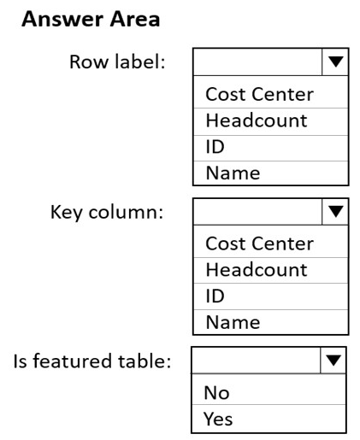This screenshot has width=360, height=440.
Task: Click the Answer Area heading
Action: pos(91,20)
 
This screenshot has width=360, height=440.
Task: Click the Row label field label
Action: pos(117,62)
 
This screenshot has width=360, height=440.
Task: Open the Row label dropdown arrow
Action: pos(335,62)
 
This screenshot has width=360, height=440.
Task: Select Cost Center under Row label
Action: pos(259,94)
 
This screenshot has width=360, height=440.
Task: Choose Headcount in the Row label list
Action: pos(257,120)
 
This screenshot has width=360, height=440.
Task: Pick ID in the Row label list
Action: pos(215,147)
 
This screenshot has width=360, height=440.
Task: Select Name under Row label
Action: pos(233,173)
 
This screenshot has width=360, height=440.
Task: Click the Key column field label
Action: pos(107,212)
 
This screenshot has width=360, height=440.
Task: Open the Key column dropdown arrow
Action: pos(335,211)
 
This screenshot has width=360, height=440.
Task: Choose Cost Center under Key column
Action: pos(259,243)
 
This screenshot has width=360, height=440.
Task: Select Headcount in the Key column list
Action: pos(257,270)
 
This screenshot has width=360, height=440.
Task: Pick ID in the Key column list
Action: pos(215,296)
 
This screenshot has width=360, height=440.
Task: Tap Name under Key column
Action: pos(233,322)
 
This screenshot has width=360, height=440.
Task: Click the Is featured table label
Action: pos(92,361)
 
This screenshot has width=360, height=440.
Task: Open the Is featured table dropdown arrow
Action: pos(333,361)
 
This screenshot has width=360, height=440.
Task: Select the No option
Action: pos(216,393)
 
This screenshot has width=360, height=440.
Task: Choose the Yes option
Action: pos(218,419)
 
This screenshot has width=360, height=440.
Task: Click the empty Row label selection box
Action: pos(257,62)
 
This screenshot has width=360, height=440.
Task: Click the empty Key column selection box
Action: pos(257,211)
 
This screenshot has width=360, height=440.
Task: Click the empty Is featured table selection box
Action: pos(256,361)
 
